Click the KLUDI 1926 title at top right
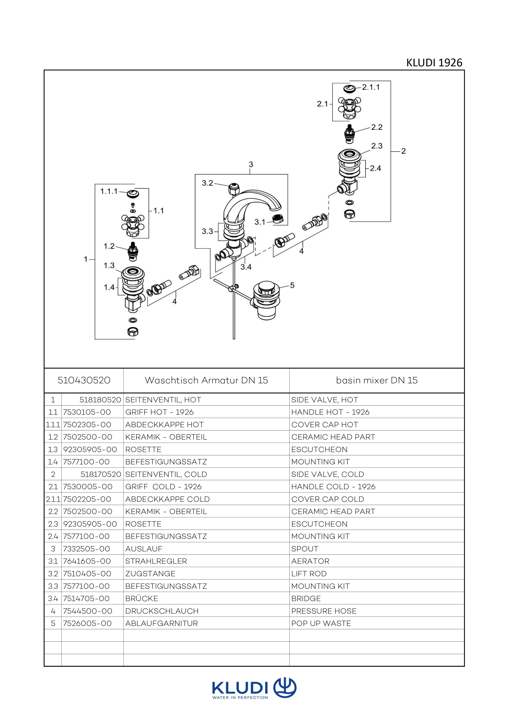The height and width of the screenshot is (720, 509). click(x=434, y=63)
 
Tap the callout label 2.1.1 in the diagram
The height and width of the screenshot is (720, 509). click(x=371, y=87)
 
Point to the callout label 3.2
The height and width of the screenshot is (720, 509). click(x=207, y=183)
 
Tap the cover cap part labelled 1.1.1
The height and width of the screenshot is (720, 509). click(x=133, y=193)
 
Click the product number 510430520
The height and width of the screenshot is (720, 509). click(x=84, y=380)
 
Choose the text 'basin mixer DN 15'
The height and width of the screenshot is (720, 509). click(x=377, y=380)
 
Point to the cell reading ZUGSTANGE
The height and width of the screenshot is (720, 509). click(x=150, y=574)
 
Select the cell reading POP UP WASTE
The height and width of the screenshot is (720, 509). click(x=321, y=624)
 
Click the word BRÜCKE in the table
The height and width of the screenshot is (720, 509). click(x=142, y=598)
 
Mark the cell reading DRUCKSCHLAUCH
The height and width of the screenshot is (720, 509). click(x=162, y=611)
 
